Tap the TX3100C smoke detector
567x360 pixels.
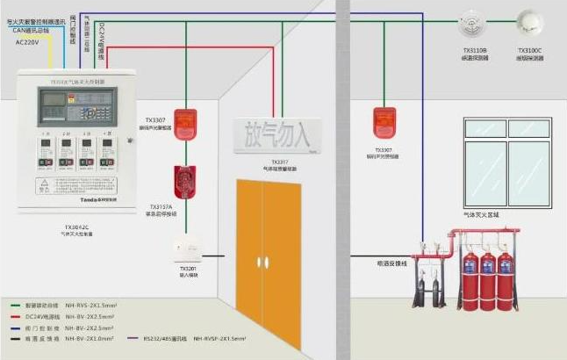(530, 21)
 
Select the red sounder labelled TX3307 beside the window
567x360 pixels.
(384, 122)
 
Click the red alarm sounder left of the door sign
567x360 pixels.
(184, 124)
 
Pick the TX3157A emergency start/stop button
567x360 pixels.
(184, 181)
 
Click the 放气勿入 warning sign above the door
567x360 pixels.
(279, 135)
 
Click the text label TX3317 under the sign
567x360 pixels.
(278, 162)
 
